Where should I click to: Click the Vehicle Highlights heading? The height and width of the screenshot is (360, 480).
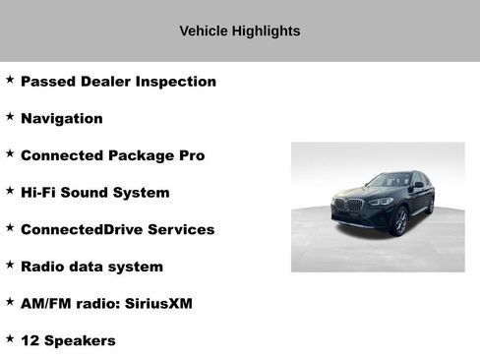pyautogui.click(x=239, y=31)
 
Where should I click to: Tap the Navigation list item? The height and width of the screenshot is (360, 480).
pyautogui.click(x=61, y=119)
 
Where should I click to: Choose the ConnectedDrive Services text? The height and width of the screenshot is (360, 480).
pyautogui.click(x=117, y=230)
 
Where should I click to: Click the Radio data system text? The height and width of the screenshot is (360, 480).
pyautogui.click(x=91, y=267)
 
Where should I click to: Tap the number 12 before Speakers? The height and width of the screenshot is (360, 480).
pyautogui.click(x=30, y=341)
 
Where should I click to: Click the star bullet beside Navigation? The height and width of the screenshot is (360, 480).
pyautogui.click(x=10, y=116)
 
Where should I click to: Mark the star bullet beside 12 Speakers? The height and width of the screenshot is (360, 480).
pyautogui.click(x=10, y=338)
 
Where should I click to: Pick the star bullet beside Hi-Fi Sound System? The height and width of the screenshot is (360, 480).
pyautogui.click(x=10, y=190)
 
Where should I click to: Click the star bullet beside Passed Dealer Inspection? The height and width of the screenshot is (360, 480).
pyautogui.click(x=10, y=79)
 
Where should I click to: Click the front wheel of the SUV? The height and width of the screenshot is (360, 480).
pyautogui.click(x=400, y=221)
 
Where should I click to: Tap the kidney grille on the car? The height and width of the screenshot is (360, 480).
pyautogui.click(x=341, y=206)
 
